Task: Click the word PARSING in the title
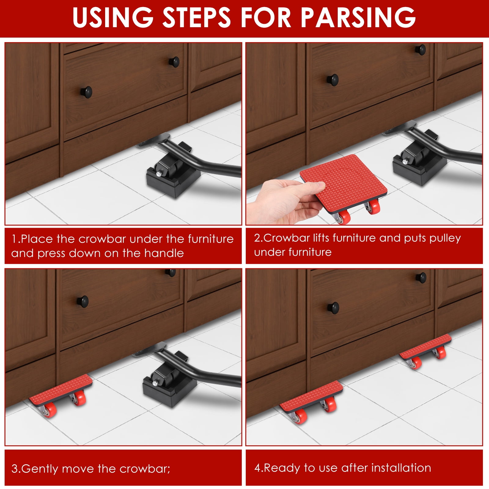[x=358, y=17]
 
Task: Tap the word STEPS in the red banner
[x=196, y=17]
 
